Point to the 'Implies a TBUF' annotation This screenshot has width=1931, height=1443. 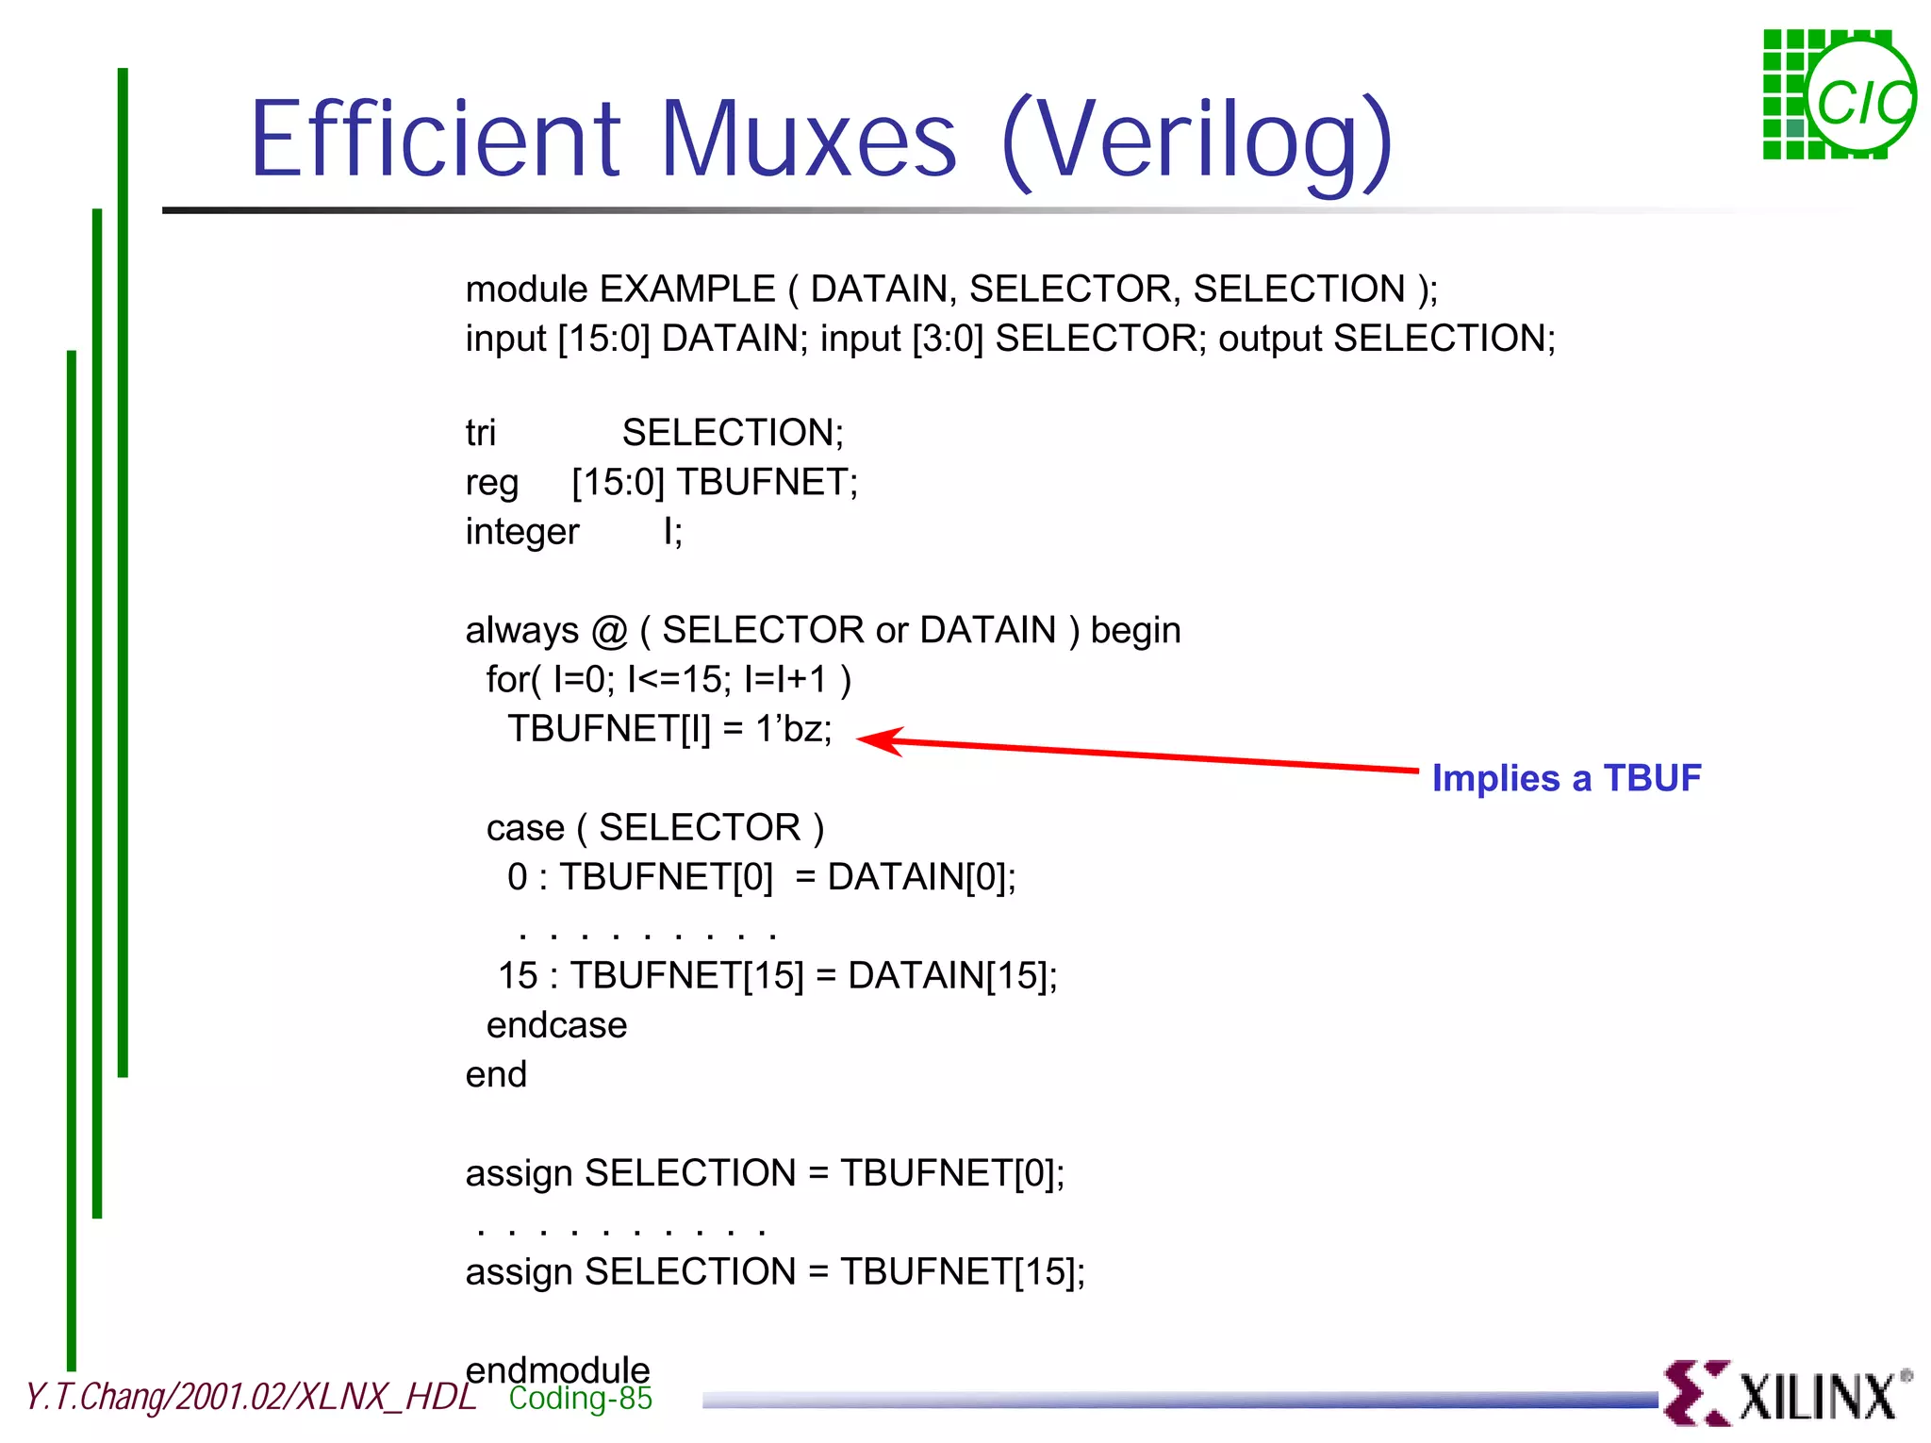tap(1566, 778)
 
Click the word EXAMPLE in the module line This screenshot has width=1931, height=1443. tap(686, 289)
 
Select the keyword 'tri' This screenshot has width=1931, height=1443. tap(480, 433)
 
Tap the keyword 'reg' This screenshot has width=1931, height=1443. tap(491, 483)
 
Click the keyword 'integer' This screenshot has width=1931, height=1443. tap(521, 532)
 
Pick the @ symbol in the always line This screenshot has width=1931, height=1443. tap(609, 630)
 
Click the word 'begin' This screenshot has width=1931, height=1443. tap(1135, 630)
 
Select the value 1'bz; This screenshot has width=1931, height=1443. tap(793, 729)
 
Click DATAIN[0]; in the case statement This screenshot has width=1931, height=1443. tap(921, 877)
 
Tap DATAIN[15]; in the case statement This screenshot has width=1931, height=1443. tap(952, 975)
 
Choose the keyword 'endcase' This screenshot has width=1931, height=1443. tap(556, 1025)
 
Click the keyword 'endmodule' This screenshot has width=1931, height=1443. tap(557, 1369)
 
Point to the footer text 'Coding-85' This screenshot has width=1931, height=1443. tap(580, 1398)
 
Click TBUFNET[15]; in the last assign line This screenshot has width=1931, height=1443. tap(963, 1271)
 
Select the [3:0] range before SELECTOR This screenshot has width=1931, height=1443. tap(948, 339)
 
